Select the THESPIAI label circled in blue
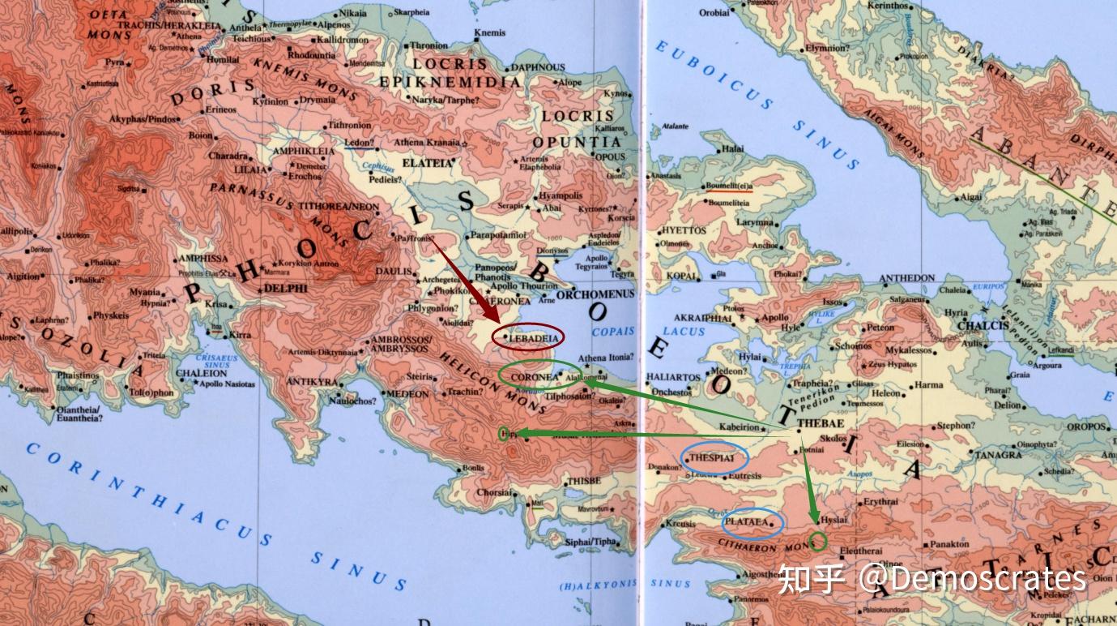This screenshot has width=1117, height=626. click(x=712, y=458)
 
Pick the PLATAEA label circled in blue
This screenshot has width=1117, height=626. click(x=747, y=523)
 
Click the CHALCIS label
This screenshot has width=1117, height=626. click(x=983, y=325)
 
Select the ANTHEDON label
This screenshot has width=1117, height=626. click(x=906, y=278)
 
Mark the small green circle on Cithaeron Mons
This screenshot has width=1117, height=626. click(x=818, y=542)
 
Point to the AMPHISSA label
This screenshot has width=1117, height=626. click(x=202, y=258)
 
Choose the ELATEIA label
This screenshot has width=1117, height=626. click(x=426, y=162)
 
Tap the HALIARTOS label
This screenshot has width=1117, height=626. click(x=673, y=378)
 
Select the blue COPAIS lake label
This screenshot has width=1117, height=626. click(x=613, y=332)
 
